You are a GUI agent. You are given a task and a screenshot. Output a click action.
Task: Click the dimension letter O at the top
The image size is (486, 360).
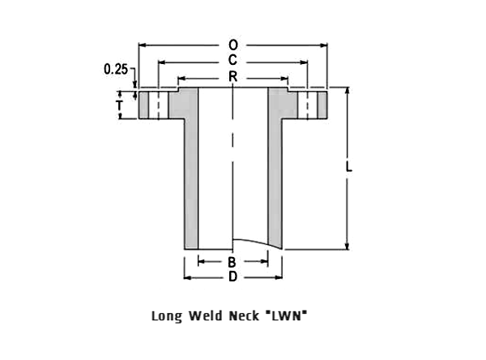coord(233,45)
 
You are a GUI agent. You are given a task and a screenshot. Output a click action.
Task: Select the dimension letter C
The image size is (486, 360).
coord(232,60)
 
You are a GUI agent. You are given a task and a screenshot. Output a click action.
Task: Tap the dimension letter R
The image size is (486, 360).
coord(232,76)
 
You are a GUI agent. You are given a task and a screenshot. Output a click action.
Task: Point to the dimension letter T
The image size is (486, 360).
coord(119,105)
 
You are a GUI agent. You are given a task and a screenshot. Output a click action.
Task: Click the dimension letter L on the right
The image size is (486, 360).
coord(349,167)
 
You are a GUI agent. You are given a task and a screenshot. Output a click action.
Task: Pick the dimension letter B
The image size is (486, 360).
coord(232,262)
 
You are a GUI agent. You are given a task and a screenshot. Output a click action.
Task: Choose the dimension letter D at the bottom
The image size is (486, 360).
coord(232,276)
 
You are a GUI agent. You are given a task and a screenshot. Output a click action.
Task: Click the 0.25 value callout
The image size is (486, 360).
coord(116,69)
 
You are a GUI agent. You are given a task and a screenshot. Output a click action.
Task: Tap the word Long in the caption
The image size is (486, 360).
coord(166,316)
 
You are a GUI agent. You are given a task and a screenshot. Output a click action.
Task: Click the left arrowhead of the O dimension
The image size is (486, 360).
coord(142,45)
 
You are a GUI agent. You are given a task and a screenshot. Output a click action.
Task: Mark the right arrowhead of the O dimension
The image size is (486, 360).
coord(324,45)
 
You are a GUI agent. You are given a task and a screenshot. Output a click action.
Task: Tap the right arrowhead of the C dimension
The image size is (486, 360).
coord(304,62)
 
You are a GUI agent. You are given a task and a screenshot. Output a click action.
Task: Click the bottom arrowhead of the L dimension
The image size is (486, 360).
coord(347,246)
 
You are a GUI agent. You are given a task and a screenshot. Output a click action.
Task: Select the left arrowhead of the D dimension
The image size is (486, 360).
coord(188,278)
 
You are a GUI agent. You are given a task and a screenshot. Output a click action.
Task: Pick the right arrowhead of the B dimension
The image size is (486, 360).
coord(264,261)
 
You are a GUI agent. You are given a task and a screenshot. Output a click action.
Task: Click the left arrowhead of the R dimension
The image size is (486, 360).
coord(181,78)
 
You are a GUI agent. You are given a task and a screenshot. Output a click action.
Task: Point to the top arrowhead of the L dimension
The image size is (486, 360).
coord(347,91)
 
